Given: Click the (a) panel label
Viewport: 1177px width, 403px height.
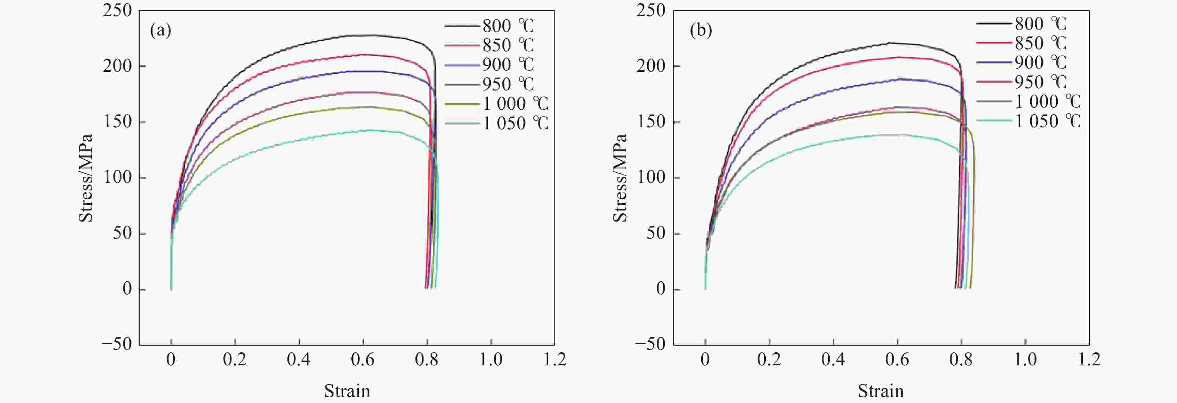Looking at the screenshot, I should [160, 31].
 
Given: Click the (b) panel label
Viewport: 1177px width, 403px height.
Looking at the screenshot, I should [700, 31].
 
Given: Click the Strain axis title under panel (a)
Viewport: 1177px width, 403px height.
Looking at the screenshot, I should [347, 391].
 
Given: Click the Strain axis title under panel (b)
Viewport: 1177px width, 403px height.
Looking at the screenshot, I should [880, 391].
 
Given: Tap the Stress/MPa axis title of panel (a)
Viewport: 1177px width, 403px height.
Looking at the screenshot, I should [86, 178].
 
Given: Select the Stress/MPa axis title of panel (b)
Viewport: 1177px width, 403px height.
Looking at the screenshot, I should [619, 178].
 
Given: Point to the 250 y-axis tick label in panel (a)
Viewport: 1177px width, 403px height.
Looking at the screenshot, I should [117, 11].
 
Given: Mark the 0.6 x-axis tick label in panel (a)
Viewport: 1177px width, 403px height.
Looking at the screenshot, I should [363, 360].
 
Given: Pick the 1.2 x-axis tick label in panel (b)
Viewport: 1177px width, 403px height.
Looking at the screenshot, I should [1089, 360].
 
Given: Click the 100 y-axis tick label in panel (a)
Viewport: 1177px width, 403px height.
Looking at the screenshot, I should [117, 177].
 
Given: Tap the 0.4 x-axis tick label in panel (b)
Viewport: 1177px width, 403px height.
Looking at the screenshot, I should [833, 360].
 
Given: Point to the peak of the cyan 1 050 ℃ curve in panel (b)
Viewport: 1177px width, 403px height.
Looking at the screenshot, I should [898, 134].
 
